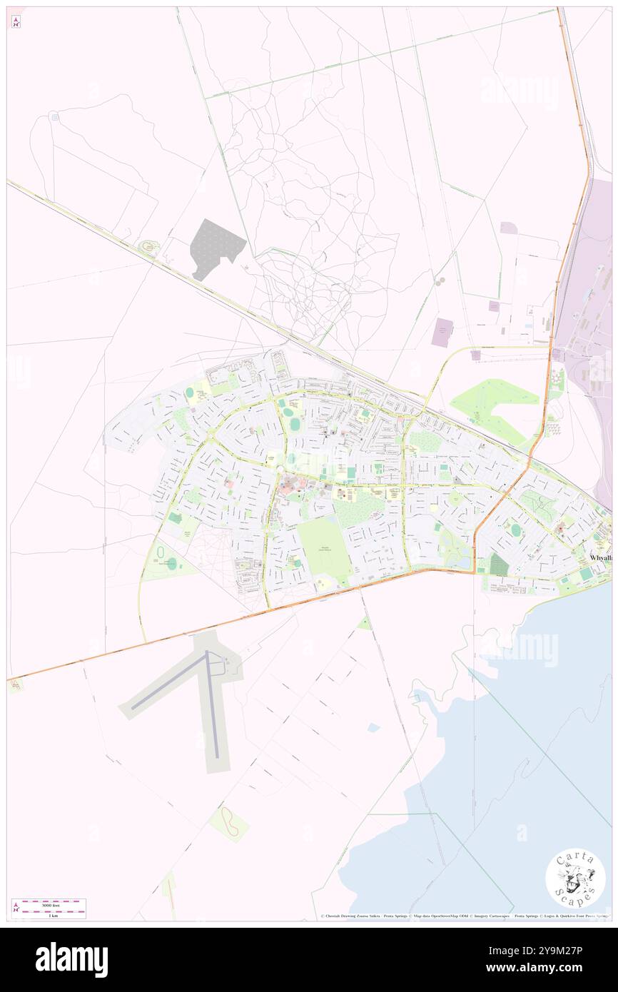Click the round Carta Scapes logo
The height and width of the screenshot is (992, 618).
pyautogui.click(x=575, y=879)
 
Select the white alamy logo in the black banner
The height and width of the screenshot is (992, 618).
pyautogui.click(x=71, y=960)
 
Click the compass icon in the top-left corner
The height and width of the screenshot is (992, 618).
pyautogui.click(x=16, y=21)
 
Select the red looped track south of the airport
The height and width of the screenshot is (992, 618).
pyautogui.click(x=230, y=823)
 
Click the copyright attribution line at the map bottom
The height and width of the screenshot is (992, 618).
pyautogui.click(x=464, y=916)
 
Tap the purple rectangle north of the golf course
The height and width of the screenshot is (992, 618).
pyautogui.click(x=442, y=333)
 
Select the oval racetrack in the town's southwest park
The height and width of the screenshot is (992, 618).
pyautogui.click(x=161, y=554)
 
